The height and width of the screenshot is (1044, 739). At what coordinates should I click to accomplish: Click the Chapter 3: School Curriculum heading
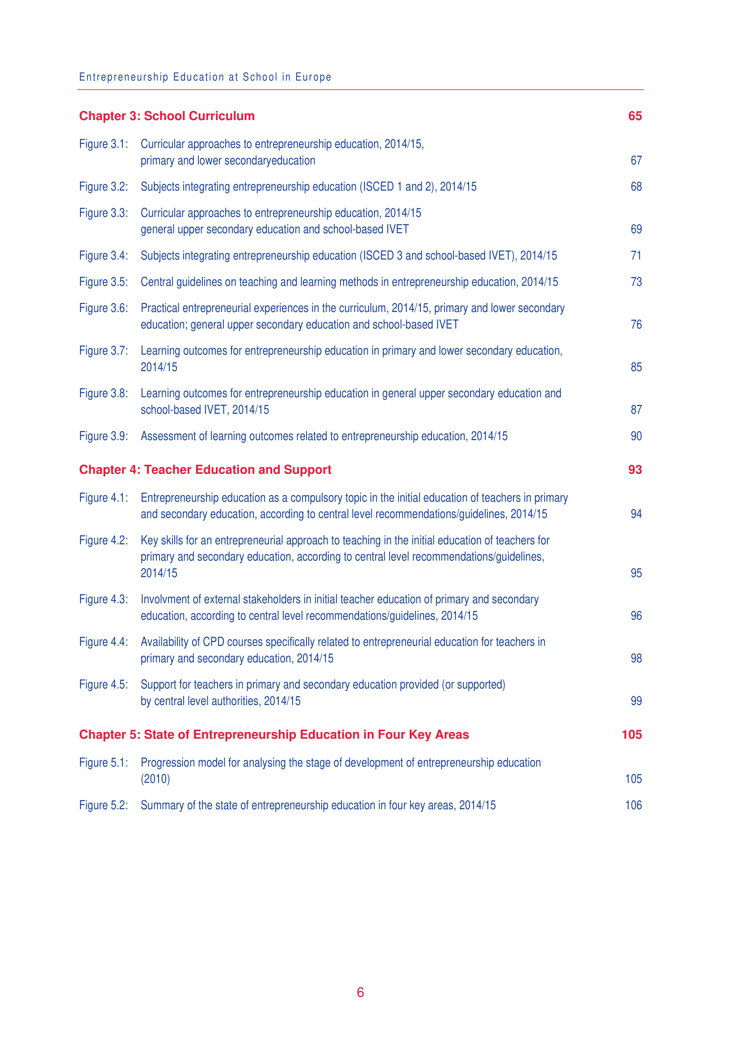coord(167,116)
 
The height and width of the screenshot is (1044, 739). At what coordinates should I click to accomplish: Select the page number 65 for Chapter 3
coord(635,116)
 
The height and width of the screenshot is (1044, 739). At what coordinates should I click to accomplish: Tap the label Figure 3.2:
coord(103,187)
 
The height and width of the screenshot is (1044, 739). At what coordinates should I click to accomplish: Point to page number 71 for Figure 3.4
coord(636,256)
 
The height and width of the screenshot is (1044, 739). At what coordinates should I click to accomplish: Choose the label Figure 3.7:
coord(103,351)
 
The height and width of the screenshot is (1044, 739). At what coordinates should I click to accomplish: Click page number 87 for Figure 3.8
coord(636,410)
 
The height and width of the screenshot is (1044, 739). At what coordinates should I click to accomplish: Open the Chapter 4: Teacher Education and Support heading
coord(205,470)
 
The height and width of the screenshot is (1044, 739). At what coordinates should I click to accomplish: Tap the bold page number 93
coord(635,470)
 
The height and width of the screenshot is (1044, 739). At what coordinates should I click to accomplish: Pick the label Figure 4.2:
coord(103,541)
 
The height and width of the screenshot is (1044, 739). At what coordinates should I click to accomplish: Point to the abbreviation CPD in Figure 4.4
coord(214,642)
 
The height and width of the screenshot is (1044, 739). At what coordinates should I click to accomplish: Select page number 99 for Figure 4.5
coord(636,701)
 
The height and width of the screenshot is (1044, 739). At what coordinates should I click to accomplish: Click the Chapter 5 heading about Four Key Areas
coord(273,735)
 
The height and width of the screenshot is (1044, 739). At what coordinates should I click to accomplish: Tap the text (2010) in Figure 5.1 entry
coord(155,779)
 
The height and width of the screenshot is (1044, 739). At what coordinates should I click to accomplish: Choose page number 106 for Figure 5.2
coord(633,805)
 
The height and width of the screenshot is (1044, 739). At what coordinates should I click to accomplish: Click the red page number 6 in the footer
coord(361,993)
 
